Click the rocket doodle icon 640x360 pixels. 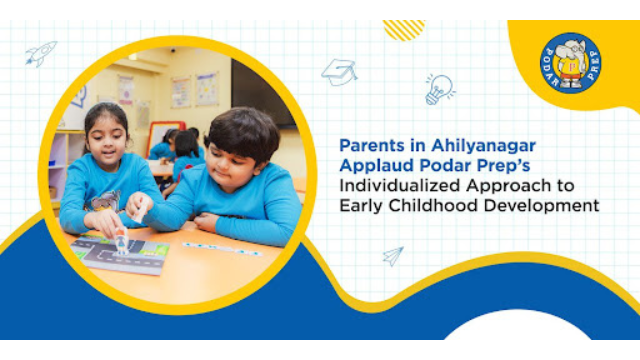(41, 53)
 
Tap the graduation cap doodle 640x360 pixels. (339, 72)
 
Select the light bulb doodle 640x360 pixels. (439, 89)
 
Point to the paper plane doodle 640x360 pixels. (393, 256)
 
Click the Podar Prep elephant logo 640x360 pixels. (571, 63)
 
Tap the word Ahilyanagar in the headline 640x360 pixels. (483, 146)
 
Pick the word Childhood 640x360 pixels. (433, 205)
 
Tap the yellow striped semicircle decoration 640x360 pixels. (404, 30)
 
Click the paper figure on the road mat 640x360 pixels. (122, 241)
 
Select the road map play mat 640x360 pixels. (120, 253)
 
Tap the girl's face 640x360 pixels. (106, 141)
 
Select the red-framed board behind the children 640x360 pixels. (164, 137)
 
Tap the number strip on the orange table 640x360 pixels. (222, 249)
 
